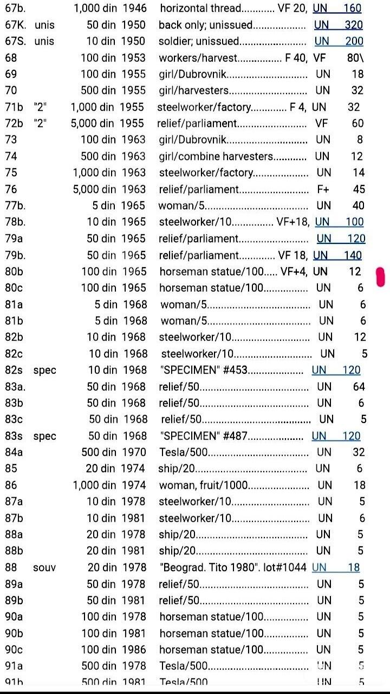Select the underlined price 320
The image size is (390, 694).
[x=354, y=25]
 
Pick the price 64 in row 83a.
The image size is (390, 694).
[x=359, y=387]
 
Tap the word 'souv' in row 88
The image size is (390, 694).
[x=44, y=567]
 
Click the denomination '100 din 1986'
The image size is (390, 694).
[x=114, y=649]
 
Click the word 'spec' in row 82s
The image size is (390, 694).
[x=44, y=371]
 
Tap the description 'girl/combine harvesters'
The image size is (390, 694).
[x=216, y=156]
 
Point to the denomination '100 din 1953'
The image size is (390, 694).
[x=113, y=74]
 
